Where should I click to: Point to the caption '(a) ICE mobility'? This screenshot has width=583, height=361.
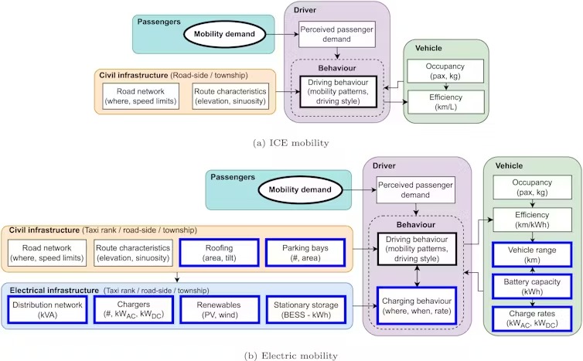(x=291, y=142)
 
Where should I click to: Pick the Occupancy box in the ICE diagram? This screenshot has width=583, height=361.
(x=445, y=72)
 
